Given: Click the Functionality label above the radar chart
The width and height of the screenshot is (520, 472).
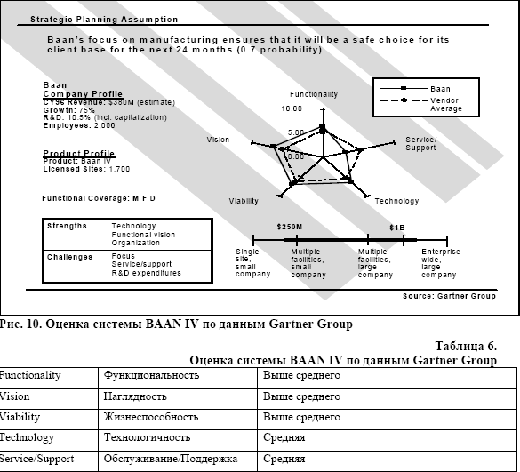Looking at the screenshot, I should click(313, 94).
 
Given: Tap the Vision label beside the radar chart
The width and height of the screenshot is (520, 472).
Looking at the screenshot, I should click(218, 140).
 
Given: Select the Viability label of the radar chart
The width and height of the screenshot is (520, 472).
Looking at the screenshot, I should click(244, 201).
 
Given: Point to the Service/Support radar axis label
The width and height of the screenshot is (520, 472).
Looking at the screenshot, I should click(420, 143).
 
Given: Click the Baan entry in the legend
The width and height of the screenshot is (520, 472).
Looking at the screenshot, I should click(440, 89).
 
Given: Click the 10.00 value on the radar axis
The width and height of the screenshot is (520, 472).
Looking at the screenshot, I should click(292, 109).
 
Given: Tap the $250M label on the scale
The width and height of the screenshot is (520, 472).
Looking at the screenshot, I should click(290, 228).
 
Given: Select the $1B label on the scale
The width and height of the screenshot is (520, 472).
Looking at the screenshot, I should click(396, 228).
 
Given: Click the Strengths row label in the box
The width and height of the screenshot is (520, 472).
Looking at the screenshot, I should click(67, 226).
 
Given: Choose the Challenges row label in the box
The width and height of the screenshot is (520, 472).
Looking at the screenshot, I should click(69, 257).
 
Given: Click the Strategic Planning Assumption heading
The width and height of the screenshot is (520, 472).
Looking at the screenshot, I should click(103, 19).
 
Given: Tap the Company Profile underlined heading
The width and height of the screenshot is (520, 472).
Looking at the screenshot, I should click(83, 93).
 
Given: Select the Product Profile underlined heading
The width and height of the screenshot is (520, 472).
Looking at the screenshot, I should click(79, 154).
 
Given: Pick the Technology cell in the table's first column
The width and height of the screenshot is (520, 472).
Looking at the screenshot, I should click(27, 437).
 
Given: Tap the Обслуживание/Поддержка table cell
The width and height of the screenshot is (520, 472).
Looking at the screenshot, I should click(171, 459).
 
